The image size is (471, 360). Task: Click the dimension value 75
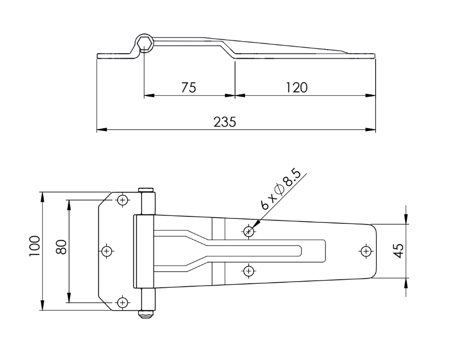[188, 87]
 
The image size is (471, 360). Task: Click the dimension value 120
[296, 87]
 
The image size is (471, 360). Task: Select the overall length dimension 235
[224, 122]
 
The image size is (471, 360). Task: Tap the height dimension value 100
[34, 246]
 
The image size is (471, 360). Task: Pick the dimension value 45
[398, 251]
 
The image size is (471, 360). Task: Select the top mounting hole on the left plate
[122, 200]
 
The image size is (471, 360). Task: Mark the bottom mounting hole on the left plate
[122, 302]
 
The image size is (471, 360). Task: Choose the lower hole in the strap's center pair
[248, 271]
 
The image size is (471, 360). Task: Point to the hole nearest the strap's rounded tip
[366, 250]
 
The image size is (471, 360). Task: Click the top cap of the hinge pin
[146, 190]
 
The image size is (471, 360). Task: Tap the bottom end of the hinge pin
[146, 314]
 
